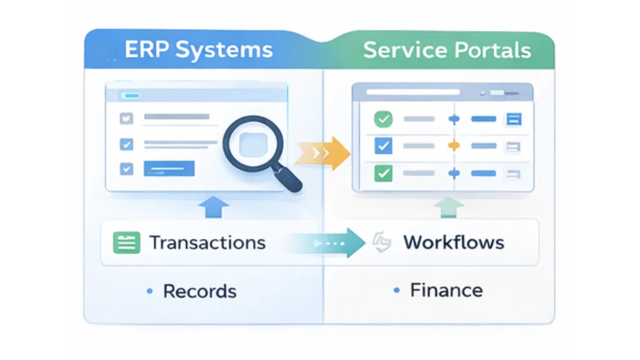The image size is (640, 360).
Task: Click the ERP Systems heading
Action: pyautogui.click(x=198, y=50)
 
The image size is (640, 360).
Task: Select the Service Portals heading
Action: pyautogui.click(x=447, y=50)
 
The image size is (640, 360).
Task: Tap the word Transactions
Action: pyautogui.click(x=207, y=242)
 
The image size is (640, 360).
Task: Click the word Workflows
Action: pyautogui.click(x=453, y=242)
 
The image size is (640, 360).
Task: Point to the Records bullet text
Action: pyautogui.click(x=200, y=291)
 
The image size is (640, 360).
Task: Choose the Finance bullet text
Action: pyautogui.click(x=446, y=290)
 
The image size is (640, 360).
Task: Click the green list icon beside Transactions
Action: pyautogui.click(x=127, y=242)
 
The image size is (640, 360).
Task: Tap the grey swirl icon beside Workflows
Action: pyautogui.click(x=382, y=242)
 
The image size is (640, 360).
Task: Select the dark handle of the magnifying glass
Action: pyautogui.click(x=288, y=178)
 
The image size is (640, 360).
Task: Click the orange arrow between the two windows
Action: pyautogui.click(x=322, y=153)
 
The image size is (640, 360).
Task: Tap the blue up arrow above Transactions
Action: pyautogui.click(x=213, y=207)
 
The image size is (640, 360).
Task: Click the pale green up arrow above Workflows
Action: pyautogui.click(x=448, y=207)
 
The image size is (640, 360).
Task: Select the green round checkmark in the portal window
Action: pyautogui.click(x=383, y=119)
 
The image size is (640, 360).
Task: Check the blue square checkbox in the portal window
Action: pyautogui.click(x=383, y=146)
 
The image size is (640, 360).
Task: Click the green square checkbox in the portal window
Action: pyautogui.click(x=383, y=173)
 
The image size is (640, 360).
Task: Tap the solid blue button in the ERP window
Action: pyautogui.click(x=169, y=169)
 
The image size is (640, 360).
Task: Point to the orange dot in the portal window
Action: pyautogui.click(x=454, y=146)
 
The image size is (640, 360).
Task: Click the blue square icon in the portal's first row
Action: pyautogui.click(x=513, y=119)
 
